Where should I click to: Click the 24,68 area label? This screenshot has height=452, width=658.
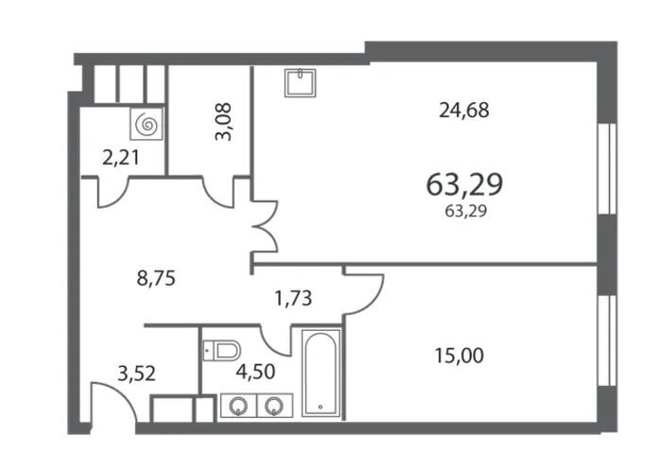[463, 111]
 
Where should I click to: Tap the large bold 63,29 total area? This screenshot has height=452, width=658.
[464, 184]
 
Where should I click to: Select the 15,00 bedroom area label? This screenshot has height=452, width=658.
[459, 356]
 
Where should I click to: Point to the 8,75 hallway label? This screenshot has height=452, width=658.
[156, 278]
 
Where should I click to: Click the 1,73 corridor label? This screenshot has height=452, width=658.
[293, 299]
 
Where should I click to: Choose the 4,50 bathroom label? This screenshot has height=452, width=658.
[255, 372]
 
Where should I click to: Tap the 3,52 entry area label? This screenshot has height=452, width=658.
[136, 374]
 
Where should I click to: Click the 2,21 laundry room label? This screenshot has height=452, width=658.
[121, 158]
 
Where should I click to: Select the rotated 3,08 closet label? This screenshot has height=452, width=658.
[223, 122]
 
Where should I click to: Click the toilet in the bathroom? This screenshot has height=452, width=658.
[222, 350]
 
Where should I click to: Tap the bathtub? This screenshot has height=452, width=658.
[320, 373]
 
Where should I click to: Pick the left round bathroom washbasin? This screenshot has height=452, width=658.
[238, 406]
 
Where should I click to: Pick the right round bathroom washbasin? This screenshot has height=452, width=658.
[274, 406]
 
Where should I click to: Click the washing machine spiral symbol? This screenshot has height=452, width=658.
[146, 124]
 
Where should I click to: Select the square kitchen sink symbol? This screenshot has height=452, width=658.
[300, 83]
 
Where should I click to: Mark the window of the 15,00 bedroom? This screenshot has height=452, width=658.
[607, 340]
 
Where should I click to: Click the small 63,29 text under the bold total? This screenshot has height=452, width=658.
[466, 211]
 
